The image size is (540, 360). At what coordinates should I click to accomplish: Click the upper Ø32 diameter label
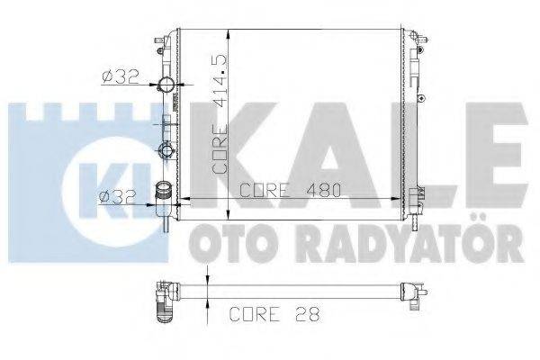(120, 75)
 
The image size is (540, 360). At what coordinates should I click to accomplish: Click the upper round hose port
(166, 86)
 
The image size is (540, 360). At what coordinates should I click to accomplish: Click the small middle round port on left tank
(166, 149)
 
